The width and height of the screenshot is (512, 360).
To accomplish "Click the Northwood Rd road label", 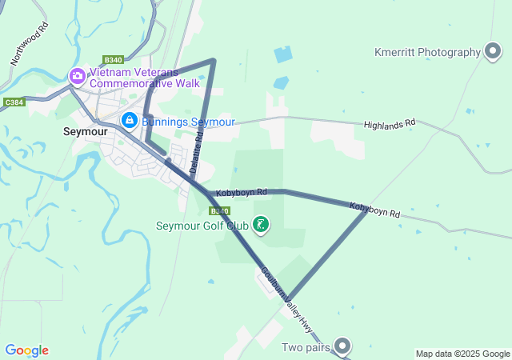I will pos(30,43).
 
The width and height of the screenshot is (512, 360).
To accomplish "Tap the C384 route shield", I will pos(14,102).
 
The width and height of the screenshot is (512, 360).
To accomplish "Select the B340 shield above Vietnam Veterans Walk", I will pos(113,60).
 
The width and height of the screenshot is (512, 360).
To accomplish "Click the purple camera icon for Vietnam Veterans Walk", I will pos(78,77).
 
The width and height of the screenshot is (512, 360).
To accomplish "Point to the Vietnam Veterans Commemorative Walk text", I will pos(145,77).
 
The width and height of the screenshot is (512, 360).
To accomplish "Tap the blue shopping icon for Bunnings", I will pos(129,120).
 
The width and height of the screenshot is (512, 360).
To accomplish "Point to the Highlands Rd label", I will pos(390,125).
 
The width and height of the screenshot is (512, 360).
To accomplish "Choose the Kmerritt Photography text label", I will pos(426,53).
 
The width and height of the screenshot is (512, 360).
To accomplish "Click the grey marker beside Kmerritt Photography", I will pos(493,53).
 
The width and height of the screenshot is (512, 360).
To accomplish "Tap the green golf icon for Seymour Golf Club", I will pos(261,225).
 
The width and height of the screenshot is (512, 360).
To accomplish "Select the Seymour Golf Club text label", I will pos(202,226).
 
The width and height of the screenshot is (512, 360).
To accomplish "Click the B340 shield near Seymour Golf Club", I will pos(219,210).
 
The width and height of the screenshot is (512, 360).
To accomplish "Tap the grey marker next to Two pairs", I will pos(342,346).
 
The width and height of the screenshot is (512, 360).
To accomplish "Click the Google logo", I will pos(26,350).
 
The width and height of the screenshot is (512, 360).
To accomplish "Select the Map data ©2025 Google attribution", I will pos(462,354).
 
